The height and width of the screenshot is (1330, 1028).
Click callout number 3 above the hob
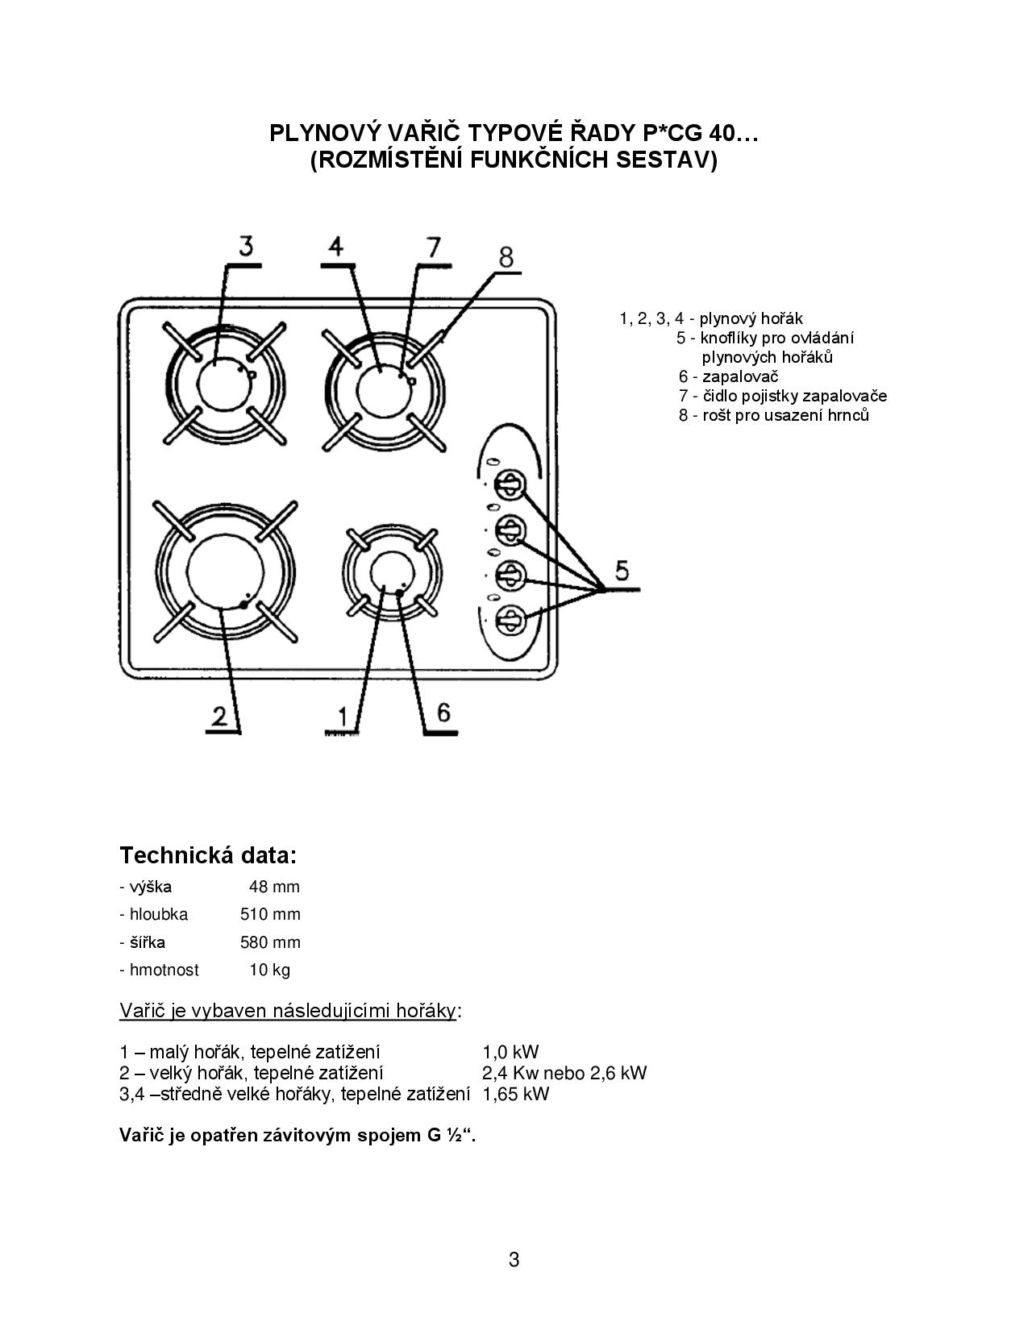[x=246, y=245]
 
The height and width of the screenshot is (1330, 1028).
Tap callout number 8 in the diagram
[x=506, y=258]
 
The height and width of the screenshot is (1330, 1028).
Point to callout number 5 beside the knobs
[x=622, y=571]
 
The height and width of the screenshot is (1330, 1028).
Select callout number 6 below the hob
[x=444, y=713]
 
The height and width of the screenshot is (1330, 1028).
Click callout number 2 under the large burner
[x=219, y=716]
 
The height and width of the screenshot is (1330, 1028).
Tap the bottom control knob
[x=510, y=621]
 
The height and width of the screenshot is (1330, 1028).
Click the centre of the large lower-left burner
[x=225, y=571]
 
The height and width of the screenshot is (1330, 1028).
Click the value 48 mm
[x=274, y=887]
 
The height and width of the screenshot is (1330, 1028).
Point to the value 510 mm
[x=270, y=914]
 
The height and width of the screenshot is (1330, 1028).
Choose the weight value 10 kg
[x=269, y=970]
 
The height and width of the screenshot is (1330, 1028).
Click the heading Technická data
[x=208, y=855]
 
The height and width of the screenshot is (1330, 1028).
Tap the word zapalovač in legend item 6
[x=740, y=376]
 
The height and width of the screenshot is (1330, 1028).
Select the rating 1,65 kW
[x=516, y=1094]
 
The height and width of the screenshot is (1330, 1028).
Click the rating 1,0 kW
[x=510, y=1052]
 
